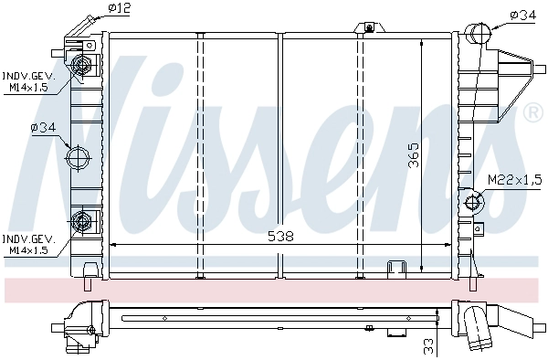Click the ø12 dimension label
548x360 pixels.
[120, 9]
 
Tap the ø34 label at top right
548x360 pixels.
[522, 14]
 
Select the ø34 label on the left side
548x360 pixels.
[44, 128]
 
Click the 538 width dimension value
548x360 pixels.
[281, 236]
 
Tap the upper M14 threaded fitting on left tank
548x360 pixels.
[82, 65]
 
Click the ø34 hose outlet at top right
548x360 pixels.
[479, 34]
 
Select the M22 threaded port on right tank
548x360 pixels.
[473, 202]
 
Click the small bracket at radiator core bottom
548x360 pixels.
[396, 267]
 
